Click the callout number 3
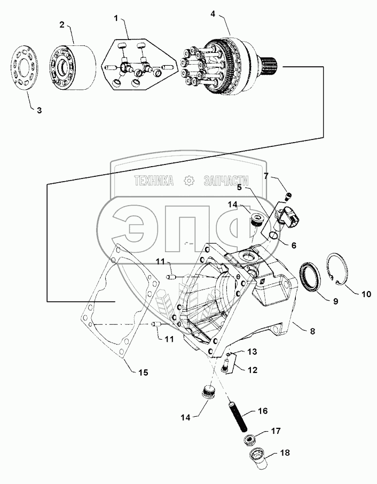[x=39, y=110]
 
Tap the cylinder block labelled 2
[x=73, y=68]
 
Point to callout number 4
[x=213, y=14]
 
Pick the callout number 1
[x=116, y=18]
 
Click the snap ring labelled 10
[x=337, y=268]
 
